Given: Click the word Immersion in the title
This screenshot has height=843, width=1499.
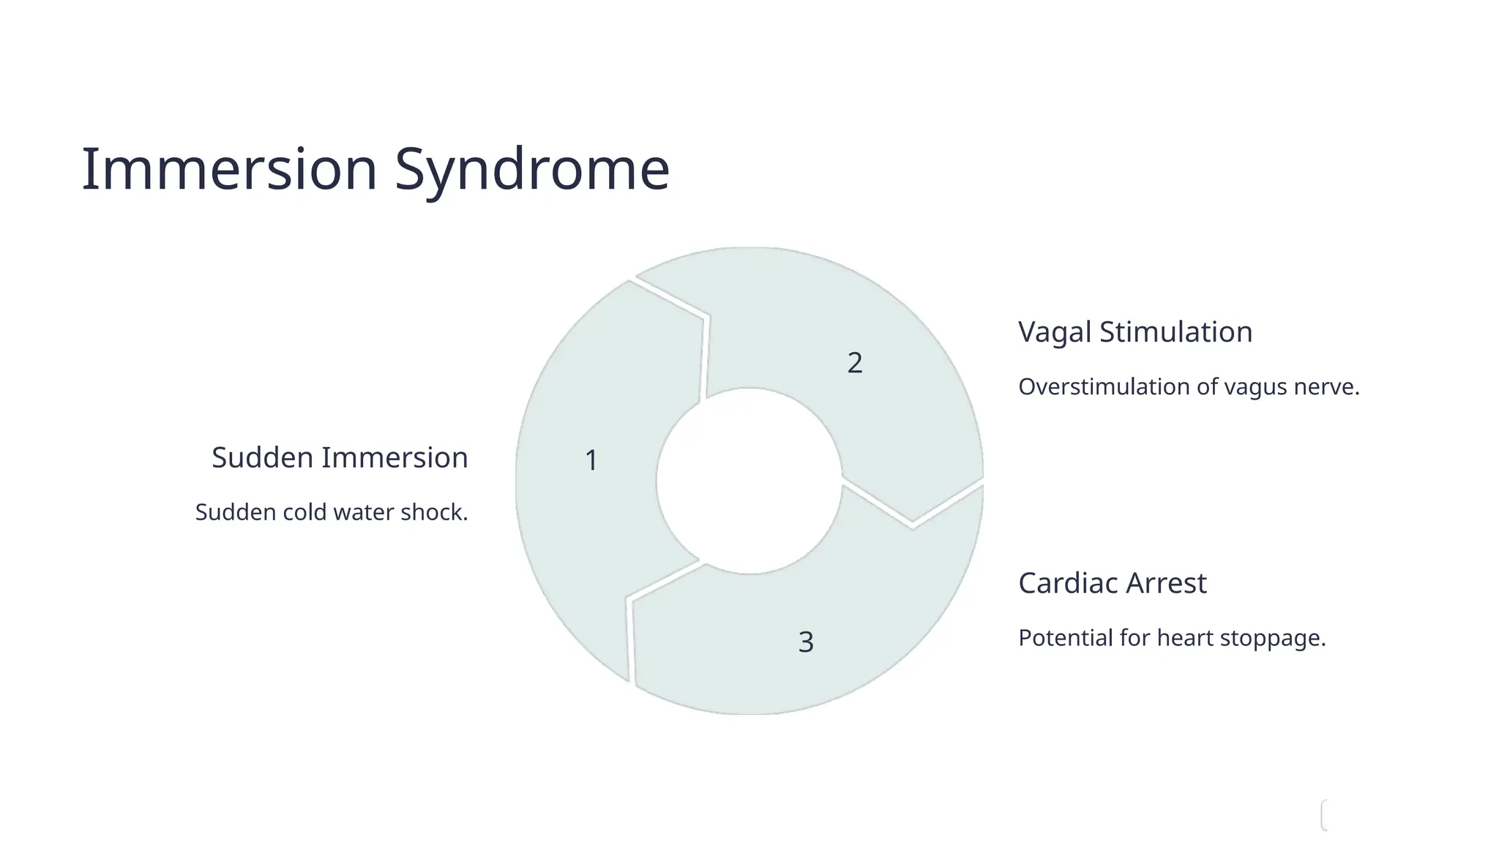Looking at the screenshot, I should click(229, 169).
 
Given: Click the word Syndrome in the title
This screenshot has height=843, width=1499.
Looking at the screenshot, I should click(532, 171).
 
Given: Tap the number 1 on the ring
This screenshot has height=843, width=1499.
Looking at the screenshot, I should click(591, 460).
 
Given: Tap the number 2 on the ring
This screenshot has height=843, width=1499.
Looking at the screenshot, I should click(855, 363).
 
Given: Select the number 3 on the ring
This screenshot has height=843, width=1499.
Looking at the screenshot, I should click(806, 642).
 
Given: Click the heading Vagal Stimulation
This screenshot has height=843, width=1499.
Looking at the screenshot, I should click(1135, 332).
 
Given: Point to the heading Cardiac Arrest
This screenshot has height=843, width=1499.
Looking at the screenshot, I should click(1112, 583).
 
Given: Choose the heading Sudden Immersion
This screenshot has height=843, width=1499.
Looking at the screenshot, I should click(340, 457).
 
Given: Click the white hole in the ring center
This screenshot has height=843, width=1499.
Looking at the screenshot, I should click(749, 481).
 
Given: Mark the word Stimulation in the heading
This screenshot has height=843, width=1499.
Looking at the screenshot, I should click(1175, 332).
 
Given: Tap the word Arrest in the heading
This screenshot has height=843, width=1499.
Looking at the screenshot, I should click(1166, 583).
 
